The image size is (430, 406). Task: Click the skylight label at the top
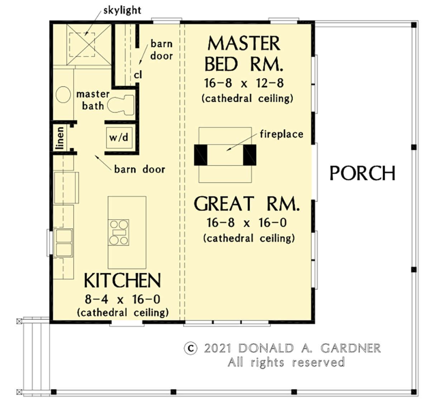(122, 11)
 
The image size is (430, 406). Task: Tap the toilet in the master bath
(121, 105)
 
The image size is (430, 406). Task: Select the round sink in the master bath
(63, 95)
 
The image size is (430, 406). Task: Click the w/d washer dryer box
(119, 138)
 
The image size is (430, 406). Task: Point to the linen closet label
(60, 138)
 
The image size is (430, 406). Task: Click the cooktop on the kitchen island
(119, 232)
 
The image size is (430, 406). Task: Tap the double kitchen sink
(64, 243)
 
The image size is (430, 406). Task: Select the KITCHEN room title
(122, 281)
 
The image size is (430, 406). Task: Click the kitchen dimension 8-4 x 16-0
(122, 300)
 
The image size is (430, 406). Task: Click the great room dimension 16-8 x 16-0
(247, 223)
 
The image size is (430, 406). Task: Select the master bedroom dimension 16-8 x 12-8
(244, 83)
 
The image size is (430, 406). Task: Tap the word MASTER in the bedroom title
(244, 44)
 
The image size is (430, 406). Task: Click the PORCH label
(362, 173)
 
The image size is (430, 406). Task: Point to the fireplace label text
(281, 134)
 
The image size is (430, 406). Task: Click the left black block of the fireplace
(201, 155)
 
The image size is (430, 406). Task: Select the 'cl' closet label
(138, 75)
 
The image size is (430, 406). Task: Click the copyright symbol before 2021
(191, 348)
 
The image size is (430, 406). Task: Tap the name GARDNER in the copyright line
(350, 348)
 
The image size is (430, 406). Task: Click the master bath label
(93, 100)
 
